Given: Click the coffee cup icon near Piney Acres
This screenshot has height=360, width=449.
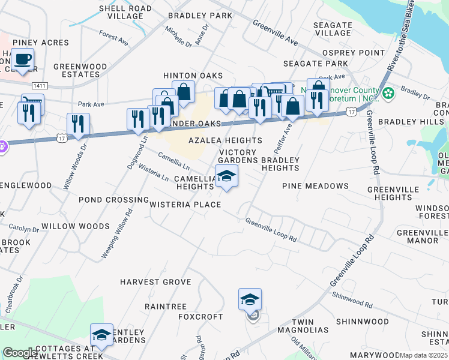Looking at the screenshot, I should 23,59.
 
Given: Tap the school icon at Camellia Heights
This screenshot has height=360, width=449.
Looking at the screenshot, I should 226,176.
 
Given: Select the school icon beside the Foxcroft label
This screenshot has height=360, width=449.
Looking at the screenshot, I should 250,299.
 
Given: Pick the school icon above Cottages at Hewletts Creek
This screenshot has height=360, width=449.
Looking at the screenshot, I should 101,335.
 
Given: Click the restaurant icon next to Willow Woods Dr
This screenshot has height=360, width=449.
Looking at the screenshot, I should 78,124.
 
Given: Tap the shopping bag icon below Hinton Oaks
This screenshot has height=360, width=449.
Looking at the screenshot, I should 183,92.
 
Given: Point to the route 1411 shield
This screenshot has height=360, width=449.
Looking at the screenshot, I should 40,86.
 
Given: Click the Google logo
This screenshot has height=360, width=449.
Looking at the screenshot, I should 20,353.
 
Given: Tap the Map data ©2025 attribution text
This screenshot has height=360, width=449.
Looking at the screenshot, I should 423,355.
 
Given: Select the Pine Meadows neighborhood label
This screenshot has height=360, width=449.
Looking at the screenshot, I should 315,187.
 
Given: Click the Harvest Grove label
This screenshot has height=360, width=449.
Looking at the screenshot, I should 155,282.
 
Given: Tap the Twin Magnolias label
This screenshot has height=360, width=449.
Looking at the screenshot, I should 310,326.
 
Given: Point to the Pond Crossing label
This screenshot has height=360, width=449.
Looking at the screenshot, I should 113,200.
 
